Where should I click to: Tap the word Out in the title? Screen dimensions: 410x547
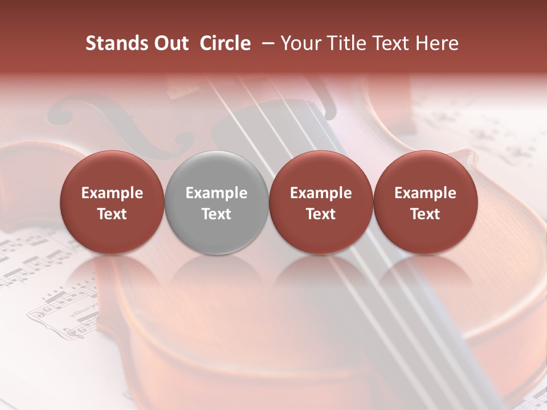[170, 43]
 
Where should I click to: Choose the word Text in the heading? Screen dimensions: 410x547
[390, 43]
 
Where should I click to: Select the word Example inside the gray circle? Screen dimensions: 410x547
[217, 193]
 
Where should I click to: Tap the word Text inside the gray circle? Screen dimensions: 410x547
[217, 214]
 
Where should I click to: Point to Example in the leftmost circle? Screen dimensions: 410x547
[112, 193]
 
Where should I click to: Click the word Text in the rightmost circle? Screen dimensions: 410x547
[425, 214]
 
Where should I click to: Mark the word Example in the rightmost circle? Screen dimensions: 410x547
[425, 193]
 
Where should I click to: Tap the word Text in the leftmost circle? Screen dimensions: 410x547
[112, 214]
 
